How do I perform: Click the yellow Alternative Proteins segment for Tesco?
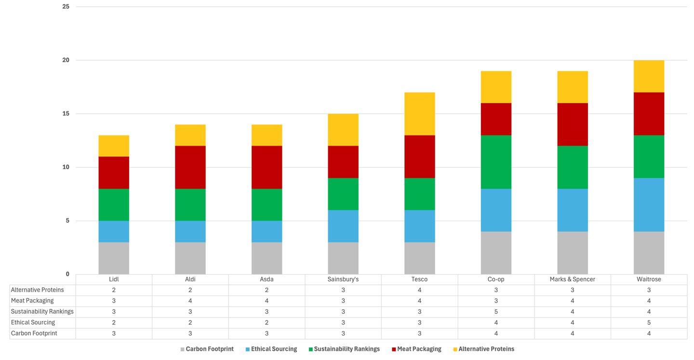coord(419,114)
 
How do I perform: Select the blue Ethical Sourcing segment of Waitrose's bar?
coord(649,205)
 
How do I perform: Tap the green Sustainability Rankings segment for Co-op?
coord(496,162)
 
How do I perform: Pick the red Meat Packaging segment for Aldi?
coord(190,167)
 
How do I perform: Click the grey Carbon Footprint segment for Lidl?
coord(114,258)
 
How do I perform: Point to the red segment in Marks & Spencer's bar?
coord(572,124)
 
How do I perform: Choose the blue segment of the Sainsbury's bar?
coord(343,226)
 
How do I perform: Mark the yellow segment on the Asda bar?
coord(267,135)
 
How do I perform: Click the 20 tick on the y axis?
coord(66,60)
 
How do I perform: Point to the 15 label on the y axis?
coord(66,114)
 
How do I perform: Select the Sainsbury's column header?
coord(343,280)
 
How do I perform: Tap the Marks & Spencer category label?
coord(572,280)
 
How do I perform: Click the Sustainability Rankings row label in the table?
coord(42,312)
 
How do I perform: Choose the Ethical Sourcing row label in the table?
coord(33,322)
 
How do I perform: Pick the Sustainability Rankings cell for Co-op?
coord(496,312)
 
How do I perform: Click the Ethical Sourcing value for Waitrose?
coord(649,322)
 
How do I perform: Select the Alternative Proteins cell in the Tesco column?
coord(419,290)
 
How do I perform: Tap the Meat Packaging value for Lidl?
coord(114,301)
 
